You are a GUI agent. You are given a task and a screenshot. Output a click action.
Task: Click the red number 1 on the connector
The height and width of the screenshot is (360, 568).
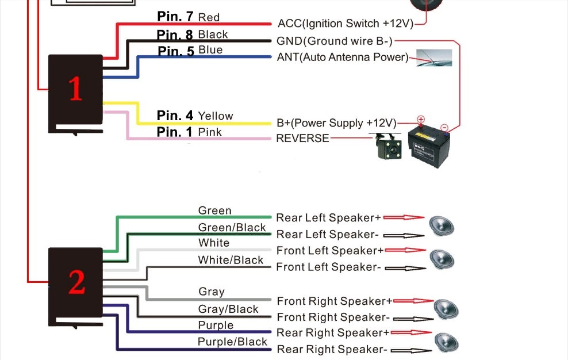75,89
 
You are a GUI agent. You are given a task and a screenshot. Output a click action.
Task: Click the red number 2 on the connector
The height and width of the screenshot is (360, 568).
76,282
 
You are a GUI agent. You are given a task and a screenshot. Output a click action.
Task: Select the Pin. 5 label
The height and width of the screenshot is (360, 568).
176,51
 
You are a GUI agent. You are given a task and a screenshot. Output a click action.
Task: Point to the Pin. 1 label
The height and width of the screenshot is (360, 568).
175,132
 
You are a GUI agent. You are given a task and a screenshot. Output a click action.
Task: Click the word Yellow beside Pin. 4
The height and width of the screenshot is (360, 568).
216,116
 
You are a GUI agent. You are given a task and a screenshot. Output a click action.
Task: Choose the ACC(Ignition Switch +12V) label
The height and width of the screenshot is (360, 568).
345,24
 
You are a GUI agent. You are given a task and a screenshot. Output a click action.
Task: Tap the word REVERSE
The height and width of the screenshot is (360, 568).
302,139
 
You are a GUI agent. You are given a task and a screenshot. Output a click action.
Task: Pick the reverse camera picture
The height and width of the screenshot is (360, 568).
385,147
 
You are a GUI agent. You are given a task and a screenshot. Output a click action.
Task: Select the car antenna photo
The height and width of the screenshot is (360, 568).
433,58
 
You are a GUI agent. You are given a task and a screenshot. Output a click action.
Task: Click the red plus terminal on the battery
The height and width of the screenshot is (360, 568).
421,120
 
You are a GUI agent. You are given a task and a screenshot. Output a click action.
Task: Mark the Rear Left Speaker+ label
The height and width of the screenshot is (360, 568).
328,218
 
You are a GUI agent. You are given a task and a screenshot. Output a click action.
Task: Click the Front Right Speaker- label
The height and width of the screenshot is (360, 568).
333,317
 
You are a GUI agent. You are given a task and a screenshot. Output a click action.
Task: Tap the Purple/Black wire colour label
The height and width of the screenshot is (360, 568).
232,342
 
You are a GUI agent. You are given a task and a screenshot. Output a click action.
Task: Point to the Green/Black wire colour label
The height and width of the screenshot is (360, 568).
232,228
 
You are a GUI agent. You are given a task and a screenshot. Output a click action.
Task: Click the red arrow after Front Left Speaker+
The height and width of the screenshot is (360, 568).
405,251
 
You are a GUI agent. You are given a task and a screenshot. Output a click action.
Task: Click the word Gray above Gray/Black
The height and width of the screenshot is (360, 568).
212,292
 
